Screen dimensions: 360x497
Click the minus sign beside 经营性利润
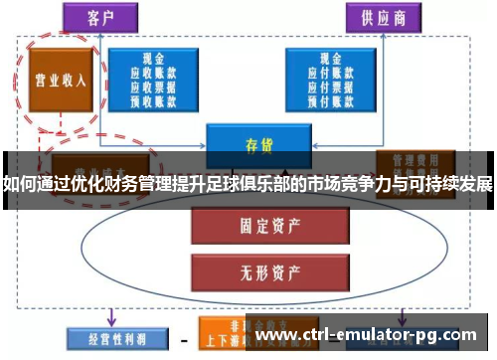(183, 338)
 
